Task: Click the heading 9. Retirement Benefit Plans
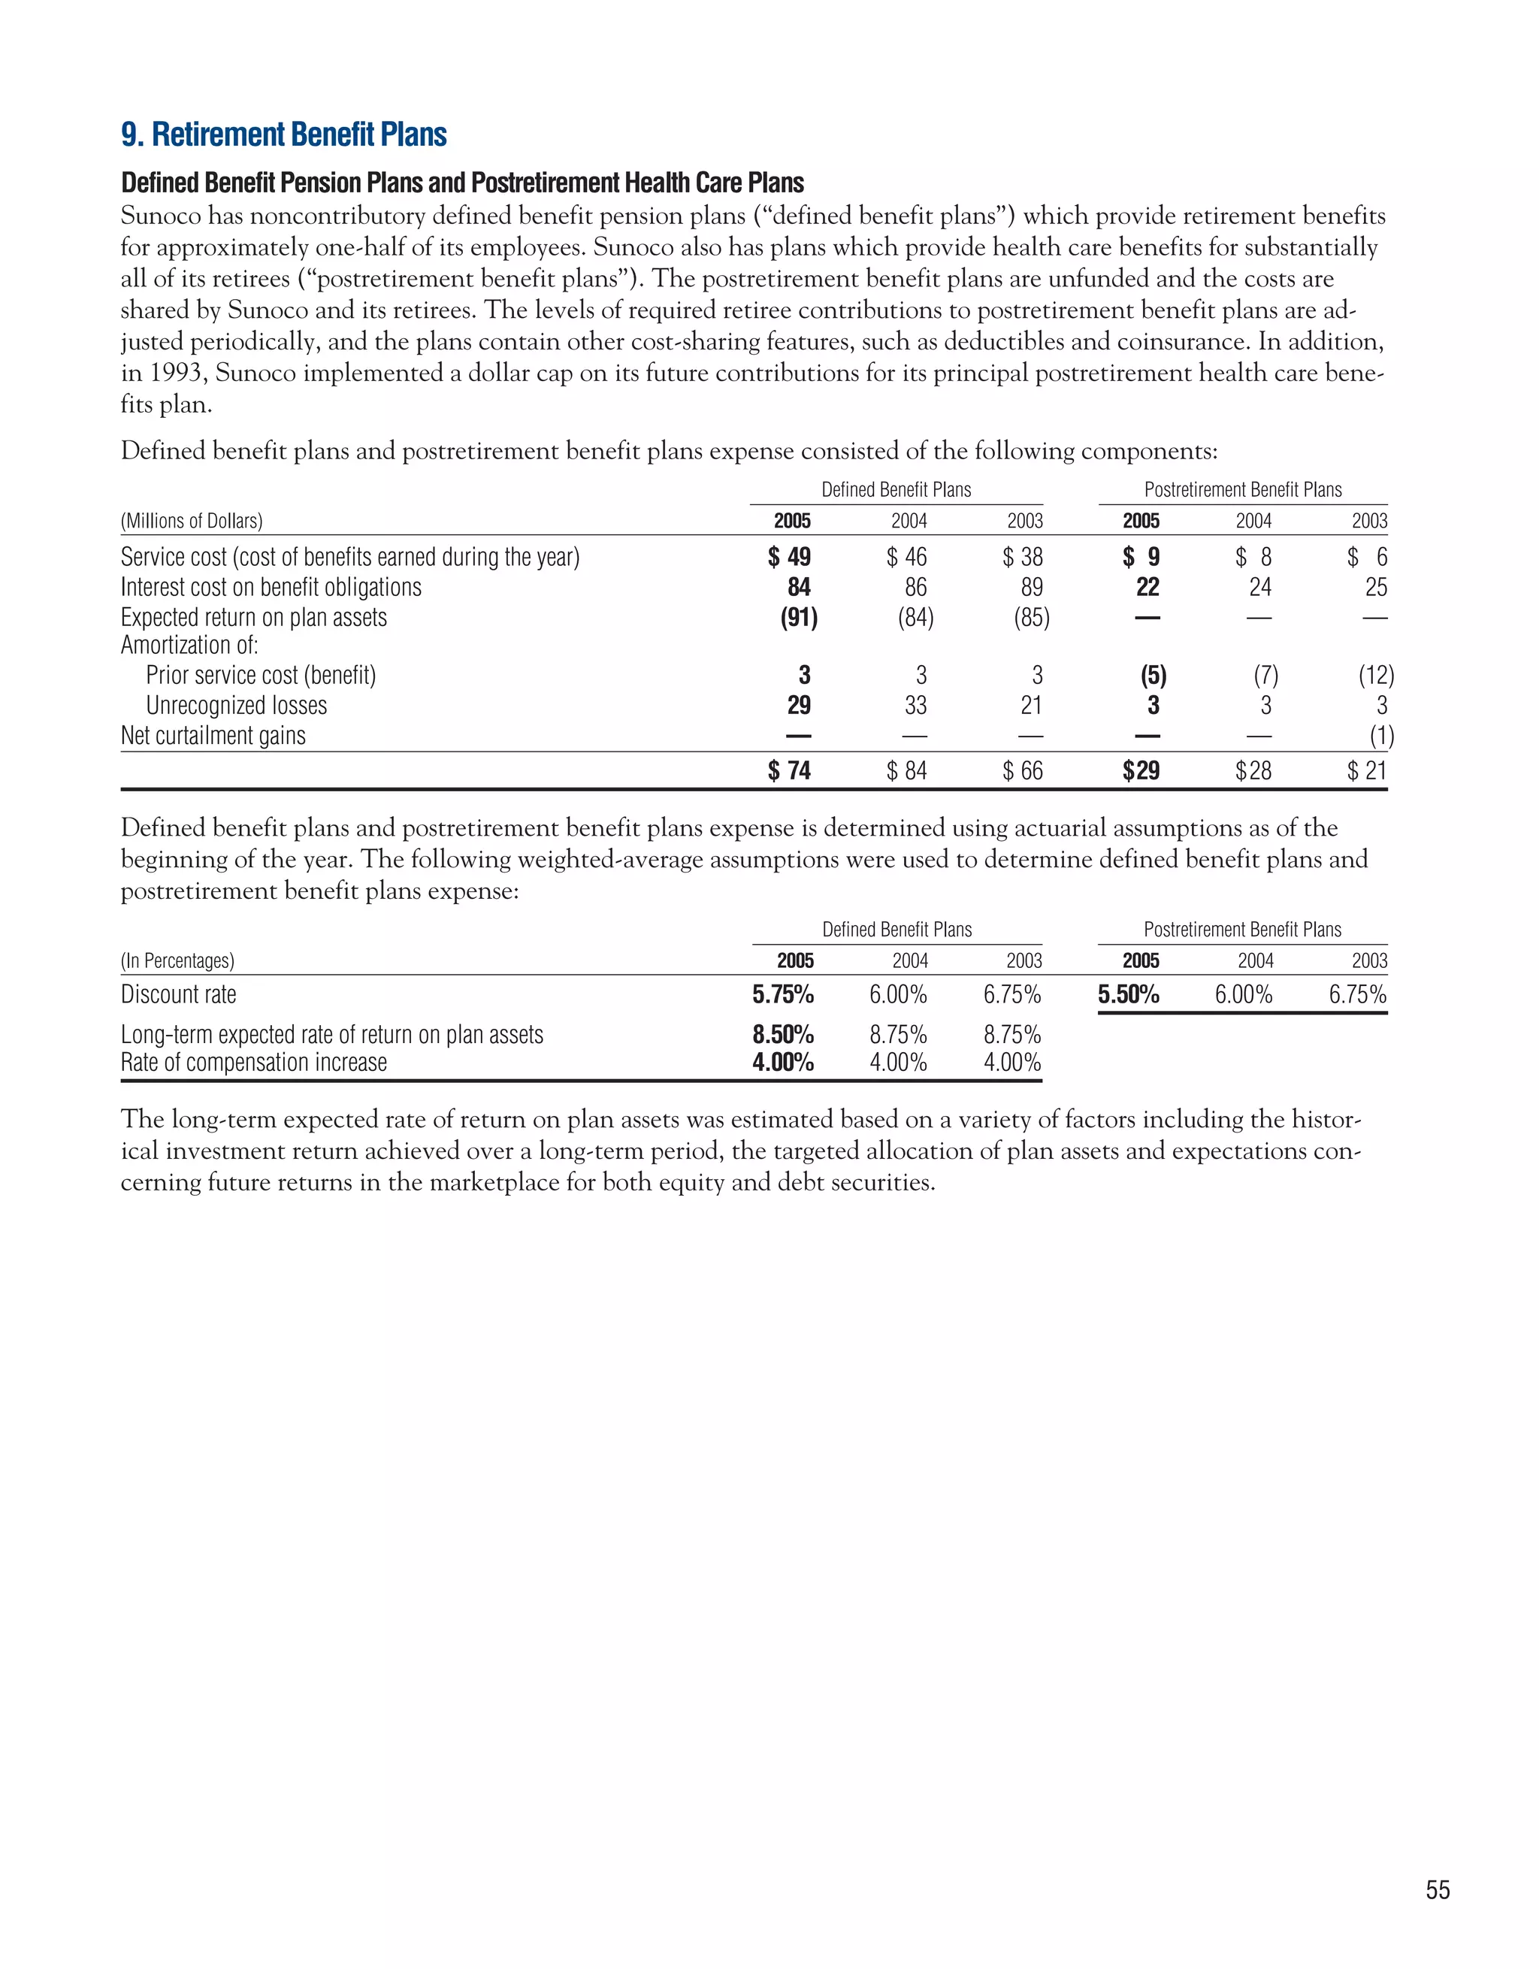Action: [283, 135]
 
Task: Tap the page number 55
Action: [1437, 1889]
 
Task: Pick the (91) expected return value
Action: [799, 618]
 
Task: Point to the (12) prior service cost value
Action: [1376, 676]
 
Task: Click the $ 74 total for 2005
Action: [789, 771]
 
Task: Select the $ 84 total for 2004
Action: [906, 771]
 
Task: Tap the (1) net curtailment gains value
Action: [1381, 736]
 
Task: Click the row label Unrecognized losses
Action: [236, 706]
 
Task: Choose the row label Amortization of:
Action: [189, 646]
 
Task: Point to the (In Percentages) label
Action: [177, 961]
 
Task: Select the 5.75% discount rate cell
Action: [782, 995]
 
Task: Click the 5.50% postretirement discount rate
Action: [1128, 995]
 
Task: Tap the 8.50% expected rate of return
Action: [782, 1034]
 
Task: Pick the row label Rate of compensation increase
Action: [253, 1063]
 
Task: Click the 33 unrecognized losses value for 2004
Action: [915, 706]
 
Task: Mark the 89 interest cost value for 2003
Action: [1032, 588]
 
